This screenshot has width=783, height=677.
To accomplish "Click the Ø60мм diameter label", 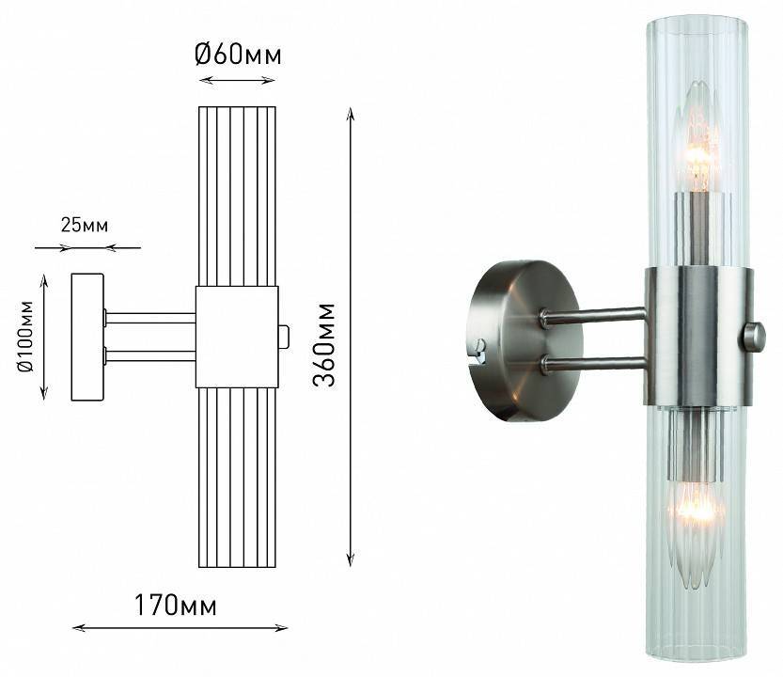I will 238,55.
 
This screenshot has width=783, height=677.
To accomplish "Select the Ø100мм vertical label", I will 25,337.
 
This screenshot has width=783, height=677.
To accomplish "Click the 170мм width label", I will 176,606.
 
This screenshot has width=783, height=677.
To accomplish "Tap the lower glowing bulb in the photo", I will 696,512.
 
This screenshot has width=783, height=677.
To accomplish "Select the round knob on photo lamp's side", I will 753,337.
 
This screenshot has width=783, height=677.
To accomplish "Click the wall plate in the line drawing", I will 87,337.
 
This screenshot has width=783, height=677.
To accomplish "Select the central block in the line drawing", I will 236,337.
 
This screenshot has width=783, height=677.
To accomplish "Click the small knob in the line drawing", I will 284,337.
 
